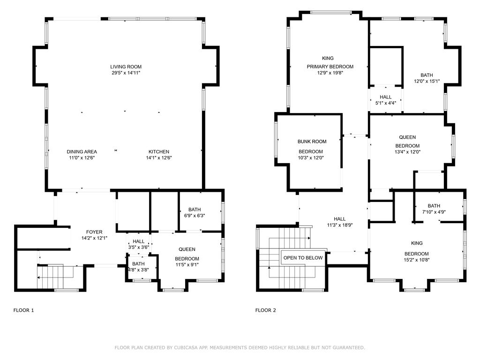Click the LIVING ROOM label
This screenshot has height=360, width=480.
126,67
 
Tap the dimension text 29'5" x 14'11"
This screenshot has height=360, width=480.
126,73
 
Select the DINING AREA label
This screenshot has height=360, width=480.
82,151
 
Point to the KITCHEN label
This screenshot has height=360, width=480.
159,151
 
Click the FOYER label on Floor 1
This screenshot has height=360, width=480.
94,232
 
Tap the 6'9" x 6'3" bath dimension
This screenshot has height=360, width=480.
195,216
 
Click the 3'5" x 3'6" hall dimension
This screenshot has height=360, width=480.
139,247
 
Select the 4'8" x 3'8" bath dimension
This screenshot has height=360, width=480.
138,270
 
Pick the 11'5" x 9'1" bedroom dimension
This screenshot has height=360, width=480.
187,265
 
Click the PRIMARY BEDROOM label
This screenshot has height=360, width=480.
330,67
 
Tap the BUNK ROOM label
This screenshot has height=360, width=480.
312,142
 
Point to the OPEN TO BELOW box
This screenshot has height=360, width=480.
303,258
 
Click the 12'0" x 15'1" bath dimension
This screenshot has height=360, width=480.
427,81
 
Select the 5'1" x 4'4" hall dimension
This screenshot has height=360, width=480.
386,103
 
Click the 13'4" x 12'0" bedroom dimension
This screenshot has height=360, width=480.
407,151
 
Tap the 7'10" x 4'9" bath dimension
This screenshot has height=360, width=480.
434,212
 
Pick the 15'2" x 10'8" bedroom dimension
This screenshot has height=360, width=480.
417,260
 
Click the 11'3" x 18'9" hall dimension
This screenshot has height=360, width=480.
340,225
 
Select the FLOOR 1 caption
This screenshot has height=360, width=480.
23,310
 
